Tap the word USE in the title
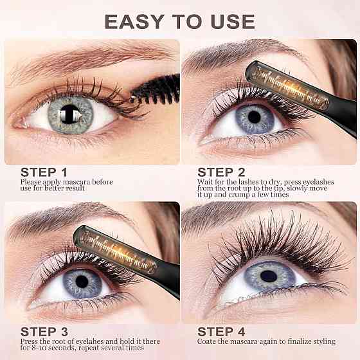(233, 22)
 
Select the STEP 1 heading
(44, 172)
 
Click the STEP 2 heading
(221, 172)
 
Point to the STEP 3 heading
(44, 332)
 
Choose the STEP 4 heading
(221, 332)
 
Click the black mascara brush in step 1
(156, 90)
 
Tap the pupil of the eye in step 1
(69, 114)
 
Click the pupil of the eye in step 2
(254, 117)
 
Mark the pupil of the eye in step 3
(82, 282)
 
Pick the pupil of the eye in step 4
(269, 276)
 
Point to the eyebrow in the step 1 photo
(92, 57)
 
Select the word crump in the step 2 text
(239, 195)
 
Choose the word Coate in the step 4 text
(206, 341)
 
